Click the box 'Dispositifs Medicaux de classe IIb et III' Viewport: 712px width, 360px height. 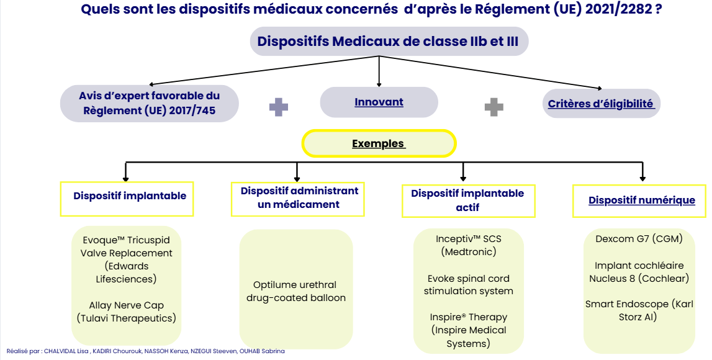(389, 42)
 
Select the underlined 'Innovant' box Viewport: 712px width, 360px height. (379, 102)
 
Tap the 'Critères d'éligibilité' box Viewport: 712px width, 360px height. (600, 104)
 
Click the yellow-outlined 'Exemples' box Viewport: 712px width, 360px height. (379, 143)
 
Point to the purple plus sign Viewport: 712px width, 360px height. (279, 107)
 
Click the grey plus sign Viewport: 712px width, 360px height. (493, 107)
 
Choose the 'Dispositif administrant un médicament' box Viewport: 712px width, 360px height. (298, 198)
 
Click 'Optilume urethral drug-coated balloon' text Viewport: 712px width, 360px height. (295, 291)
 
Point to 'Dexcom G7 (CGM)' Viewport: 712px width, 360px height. (639, 238)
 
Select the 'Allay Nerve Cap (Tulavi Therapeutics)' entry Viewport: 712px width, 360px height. (126, 312)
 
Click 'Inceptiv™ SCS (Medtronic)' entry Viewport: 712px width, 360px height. (468, 245)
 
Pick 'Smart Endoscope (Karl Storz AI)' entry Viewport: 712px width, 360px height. (638, 310)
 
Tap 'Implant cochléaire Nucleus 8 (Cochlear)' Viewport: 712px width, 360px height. (639, 272)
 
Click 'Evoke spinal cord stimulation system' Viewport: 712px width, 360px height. (468, 285)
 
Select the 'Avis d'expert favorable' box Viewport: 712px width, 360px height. (149, 103)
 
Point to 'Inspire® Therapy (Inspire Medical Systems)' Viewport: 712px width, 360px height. (468, 330)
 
